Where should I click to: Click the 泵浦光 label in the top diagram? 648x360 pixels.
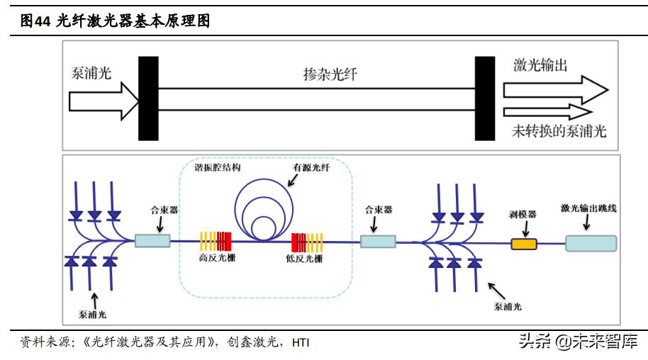click(x=91, y=72)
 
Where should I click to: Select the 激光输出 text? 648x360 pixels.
click(x=540, y=65)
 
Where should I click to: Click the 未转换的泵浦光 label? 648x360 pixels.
click(x=560, y=131)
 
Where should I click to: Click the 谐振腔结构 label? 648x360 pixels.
click(x=218, y=168)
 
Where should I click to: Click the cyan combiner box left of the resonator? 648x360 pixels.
click(x=152, y=241)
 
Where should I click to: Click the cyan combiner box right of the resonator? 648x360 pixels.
click(x=378, y=242)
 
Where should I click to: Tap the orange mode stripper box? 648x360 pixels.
click(x=524, y=244)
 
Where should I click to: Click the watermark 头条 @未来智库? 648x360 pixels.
click(x=576, y=342)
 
